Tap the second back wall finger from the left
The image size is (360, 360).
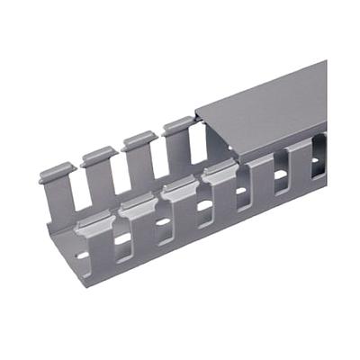(98, 155)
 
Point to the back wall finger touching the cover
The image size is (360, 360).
(179, 125)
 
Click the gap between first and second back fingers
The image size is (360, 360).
(77, 193)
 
